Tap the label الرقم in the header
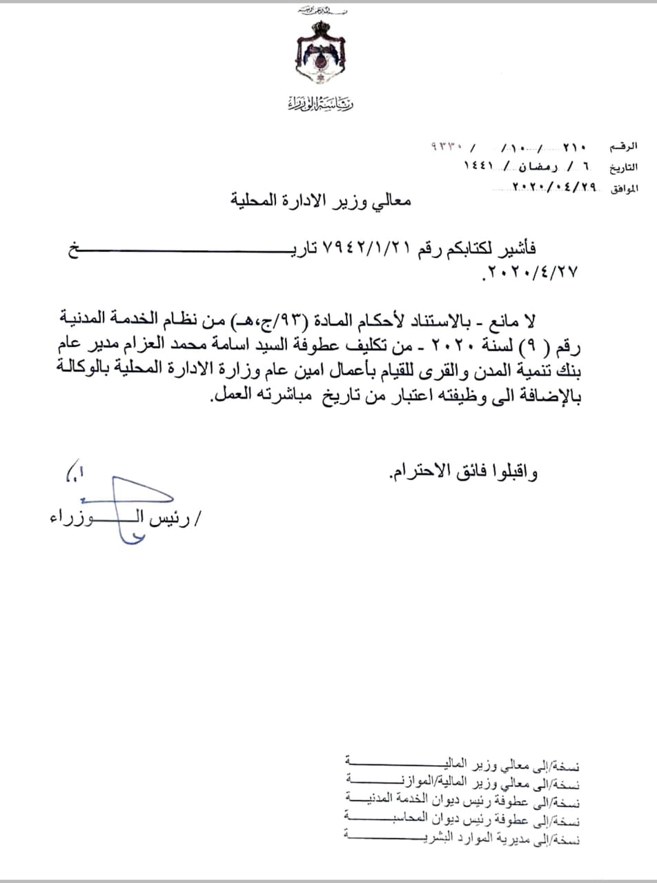pyautogui.click(x=624, y=147)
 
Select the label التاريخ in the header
pyautogui.click(x=622, y=168)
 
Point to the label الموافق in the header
pyautogui.click(x=622, y=188)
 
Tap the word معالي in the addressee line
pyautogui.click(x=394, y=201)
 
